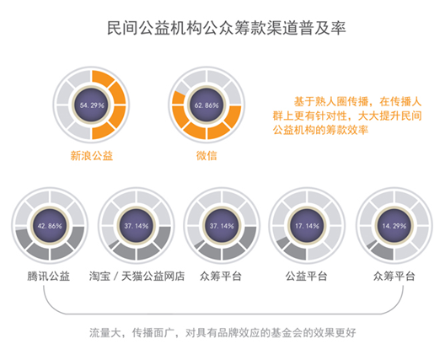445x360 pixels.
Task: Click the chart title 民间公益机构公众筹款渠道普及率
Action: [x=226, y=28]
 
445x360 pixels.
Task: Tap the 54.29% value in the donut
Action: [x=92, y=105]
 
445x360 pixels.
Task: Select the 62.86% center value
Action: [x=206, y=105]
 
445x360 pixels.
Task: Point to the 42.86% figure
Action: [x=50, y=226]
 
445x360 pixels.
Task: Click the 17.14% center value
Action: [x=307, y=226]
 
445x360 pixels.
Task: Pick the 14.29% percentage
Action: [x=394, y=226]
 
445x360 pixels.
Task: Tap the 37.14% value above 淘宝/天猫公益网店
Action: [x=137, y=226]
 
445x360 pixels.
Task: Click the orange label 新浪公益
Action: [x=92, y=156]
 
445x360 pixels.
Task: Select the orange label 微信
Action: [x=206, y=156]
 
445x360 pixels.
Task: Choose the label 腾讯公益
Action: [x=49, y=276]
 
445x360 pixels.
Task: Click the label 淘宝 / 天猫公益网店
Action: [x=137, y=276]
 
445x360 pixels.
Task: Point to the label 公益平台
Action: [x=307, y=276]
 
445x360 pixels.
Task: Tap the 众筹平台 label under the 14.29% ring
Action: [x=394, y=276]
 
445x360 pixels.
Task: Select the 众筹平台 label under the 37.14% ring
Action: [x=221, y=276]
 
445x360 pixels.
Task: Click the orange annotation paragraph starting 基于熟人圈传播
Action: [x=347, y=116]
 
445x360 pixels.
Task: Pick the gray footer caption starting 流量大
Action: [x=222, y=332]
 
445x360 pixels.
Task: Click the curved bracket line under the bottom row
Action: [x=223, y=314]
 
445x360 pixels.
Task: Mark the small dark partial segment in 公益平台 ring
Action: [x=283, y=242]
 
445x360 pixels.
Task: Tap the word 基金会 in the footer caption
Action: [x=287, y=332]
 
